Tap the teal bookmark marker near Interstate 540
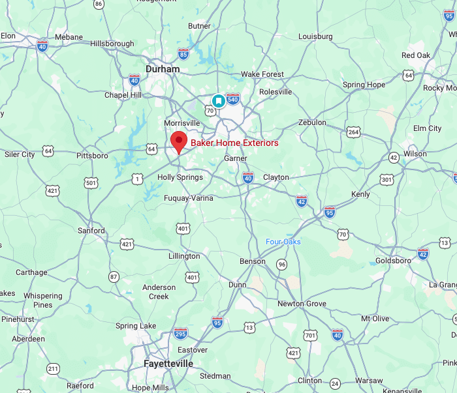click(x=219, y=100)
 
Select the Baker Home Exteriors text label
click(x=234, y=143)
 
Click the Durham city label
click(x=163, y=68)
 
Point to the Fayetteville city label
click(x=168, y=364)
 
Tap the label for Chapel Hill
click(x=123, y=95)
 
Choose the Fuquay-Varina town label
click(x=188, y=198)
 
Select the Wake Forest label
click(x=262, y=74)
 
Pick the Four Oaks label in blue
click(x=283, y=242)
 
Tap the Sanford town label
click(x=91, y=231)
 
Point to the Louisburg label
click(x=315, y=36)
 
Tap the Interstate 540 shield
click(x=233, y=98)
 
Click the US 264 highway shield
click(x=353, y=132)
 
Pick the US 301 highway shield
click(x=387, y=179)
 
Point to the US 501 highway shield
click(x=91, y=183)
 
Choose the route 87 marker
click(x=114, y=277)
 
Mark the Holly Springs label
click(x=180, y=177)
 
